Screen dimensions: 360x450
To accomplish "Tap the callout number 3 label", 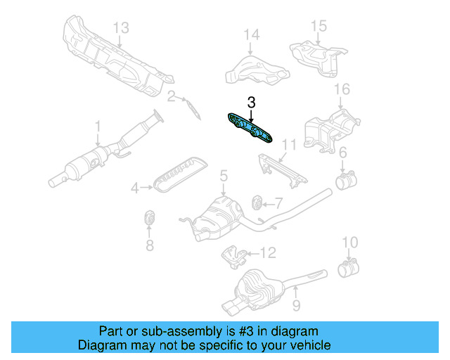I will click(250, 103).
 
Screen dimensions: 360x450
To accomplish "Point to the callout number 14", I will click(251, 34).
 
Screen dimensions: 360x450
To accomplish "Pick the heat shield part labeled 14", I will click(256, 67).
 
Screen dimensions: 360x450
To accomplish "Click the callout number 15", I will click(319, 26).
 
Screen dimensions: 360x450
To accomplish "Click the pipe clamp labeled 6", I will click(344, 181).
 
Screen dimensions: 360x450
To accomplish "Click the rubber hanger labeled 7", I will click(257, 203).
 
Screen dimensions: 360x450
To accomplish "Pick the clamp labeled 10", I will click(347, 269).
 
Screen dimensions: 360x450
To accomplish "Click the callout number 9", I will click(296, 305).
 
